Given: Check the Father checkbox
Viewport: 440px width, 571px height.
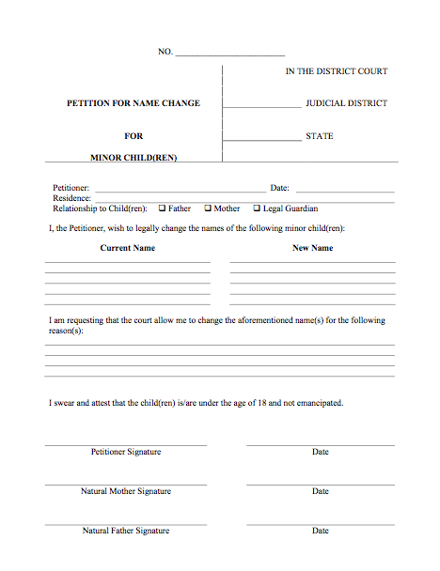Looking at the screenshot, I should coord(163,208).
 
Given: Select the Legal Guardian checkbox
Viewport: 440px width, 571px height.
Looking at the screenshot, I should coord(257,208).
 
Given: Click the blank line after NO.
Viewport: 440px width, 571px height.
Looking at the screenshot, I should coord(229,54).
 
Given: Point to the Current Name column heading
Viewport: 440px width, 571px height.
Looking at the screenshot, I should coord(128,248).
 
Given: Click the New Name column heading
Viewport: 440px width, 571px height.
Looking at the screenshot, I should coord(312,248).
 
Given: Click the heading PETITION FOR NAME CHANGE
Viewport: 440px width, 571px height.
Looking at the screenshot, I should coord(133,103).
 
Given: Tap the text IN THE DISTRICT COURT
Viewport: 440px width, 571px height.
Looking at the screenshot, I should coord(337,71).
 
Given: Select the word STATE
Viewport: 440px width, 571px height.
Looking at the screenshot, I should coord(320,136).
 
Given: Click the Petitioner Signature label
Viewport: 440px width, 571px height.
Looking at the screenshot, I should coord(126,452).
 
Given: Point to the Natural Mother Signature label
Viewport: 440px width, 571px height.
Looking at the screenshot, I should coord(126,491).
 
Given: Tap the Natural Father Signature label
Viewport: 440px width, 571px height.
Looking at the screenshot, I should coord(126,531).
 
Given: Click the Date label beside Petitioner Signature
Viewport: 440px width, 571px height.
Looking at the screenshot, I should coord(321,452).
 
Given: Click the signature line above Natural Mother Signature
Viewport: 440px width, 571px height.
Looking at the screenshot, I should coord(126,484).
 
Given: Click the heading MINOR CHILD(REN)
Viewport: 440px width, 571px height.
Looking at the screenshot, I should coord(134,157).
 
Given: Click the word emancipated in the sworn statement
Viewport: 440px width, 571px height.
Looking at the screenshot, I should coord(318,403).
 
